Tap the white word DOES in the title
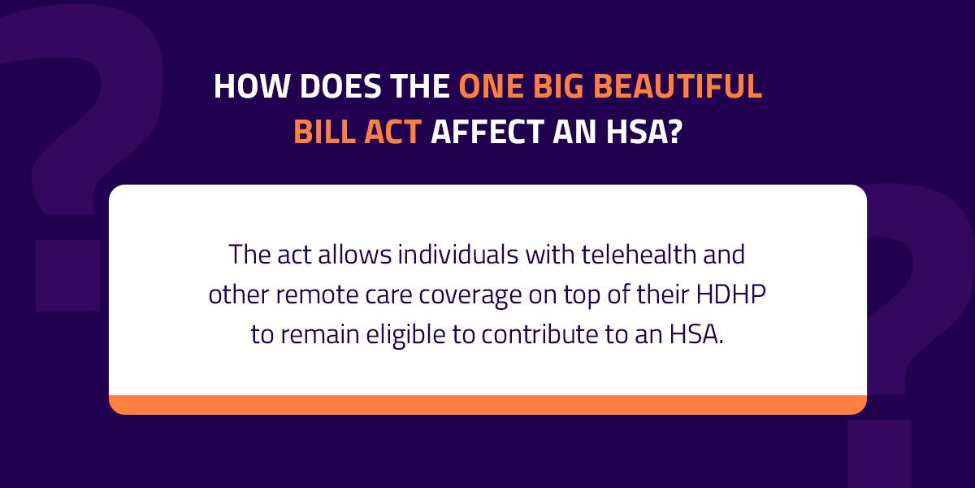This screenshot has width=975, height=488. [340, 86]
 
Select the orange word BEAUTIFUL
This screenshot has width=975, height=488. [678, 86]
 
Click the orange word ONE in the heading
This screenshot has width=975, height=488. [492, 86]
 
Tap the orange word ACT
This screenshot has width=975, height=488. [392, 131]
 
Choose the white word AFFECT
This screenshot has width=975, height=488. [487, 131]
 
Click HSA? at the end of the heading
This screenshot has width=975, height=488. [644, 131]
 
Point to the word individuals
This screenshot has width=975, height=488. [458, 254]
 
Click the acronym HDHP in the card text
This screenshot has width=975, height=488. [730, 294]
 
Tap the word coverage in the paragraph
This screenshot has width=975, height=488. [470, 296]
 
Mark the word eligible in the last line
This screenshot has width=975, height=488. [405, 335]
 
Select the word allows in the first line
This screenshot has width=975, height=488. [355, 254]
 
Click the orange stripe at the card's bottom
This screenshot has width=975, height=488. [488, 405]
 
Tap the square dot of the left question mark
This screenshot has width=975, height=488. [67, 276]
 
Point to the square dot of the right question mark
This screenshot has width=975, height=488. [880, 454]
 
